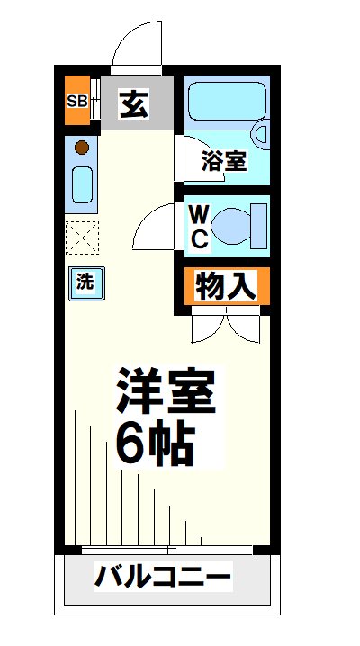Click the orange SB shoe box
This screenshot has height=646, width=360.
coord(76,101)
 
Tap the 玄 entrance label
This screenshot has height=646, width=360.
coord(133,103)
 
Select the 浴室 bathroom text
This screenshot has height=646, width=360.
coord(223,161)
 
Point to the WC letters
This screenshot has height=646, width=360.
coord(199,227)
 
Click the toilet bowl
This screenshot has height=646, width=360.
coord(243,225)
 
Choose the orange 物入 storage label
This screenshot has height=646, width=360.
coord(227,287)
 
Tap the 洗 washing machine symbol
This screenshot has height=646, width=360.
coord(85,281)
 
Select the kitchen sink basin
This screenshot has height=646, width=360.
coord(82,186)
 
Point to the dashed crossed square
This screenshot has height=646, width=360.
coord(83,238)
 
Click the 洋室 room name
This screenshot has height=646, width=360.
coord(165,390)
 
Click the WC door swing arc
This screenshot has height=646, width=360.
coord(155,225)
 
